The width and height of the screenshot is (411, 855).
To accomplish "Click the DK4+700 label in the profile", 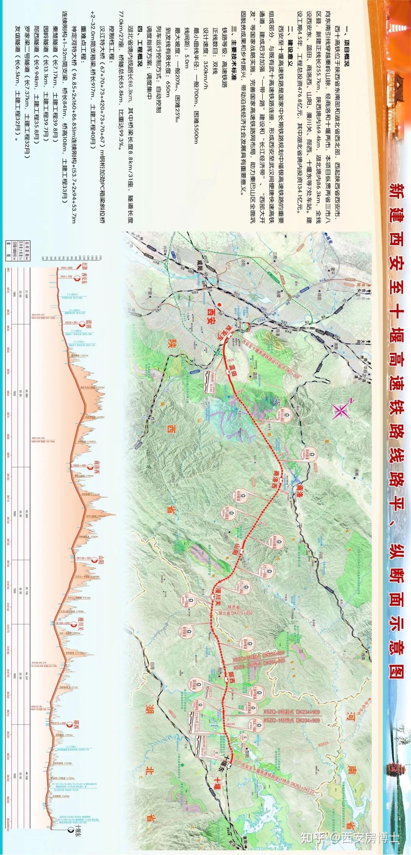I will coord(67,277).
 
